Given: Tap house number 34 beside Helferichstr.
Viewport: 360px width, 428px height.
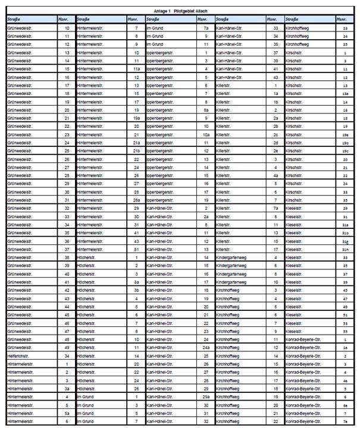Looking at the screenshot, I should [x=67, y=355].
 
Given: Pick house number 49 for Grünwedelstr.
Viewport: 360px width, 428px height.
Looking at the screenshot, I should [x=67, y=347].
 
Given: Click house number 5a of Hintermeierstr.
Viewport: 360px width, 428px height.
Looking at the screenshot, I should [x=67, y=413].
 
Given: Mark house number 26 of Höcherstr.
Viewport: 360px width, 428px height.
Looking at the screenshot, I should [x=136, y=388].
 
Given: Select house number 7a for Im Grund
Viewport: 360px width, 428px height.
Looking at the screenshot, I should [x=206, y=28].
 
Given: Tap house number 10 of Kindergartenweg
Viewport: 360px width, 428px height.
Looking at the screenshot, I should [x=276, y=282].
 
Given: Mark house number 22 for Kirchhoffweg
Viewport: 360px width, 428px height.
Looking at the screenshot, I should [x=276, y=421].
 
